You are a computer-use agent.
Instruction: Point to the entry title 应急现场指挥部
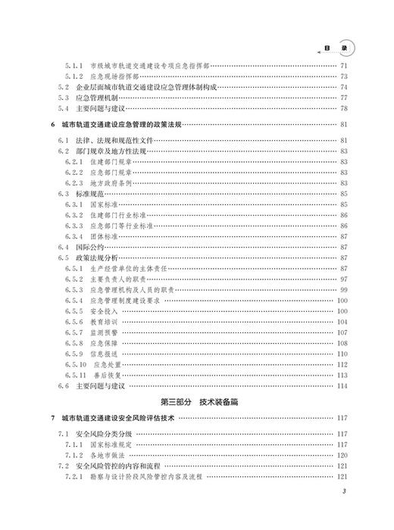coord(114,76)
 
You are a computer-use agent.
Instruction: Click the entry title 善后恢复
coord(114,375)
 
